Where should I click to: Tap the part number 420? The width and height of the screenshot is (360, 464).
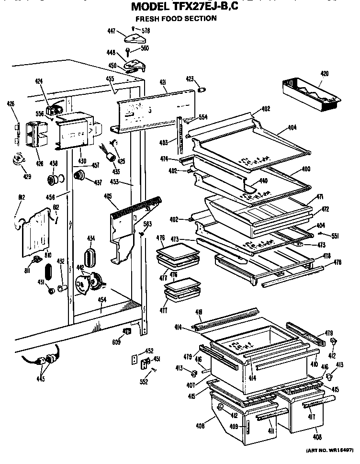click(x=325, y=74)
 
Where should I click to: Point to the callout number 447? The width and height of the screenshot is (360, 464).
click(x=111, y=32)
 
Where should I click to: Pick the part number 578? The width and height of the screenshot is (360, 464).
click(x=146, y=30)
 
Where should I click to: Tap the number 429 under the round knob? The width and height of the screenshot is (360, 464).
click(x=27, y=177)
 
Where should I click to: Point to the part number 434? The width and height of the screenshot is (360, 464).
click(x=91, y=238)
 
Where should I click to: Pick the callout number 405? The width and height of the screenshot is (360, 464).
click(x=107, y=195)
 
